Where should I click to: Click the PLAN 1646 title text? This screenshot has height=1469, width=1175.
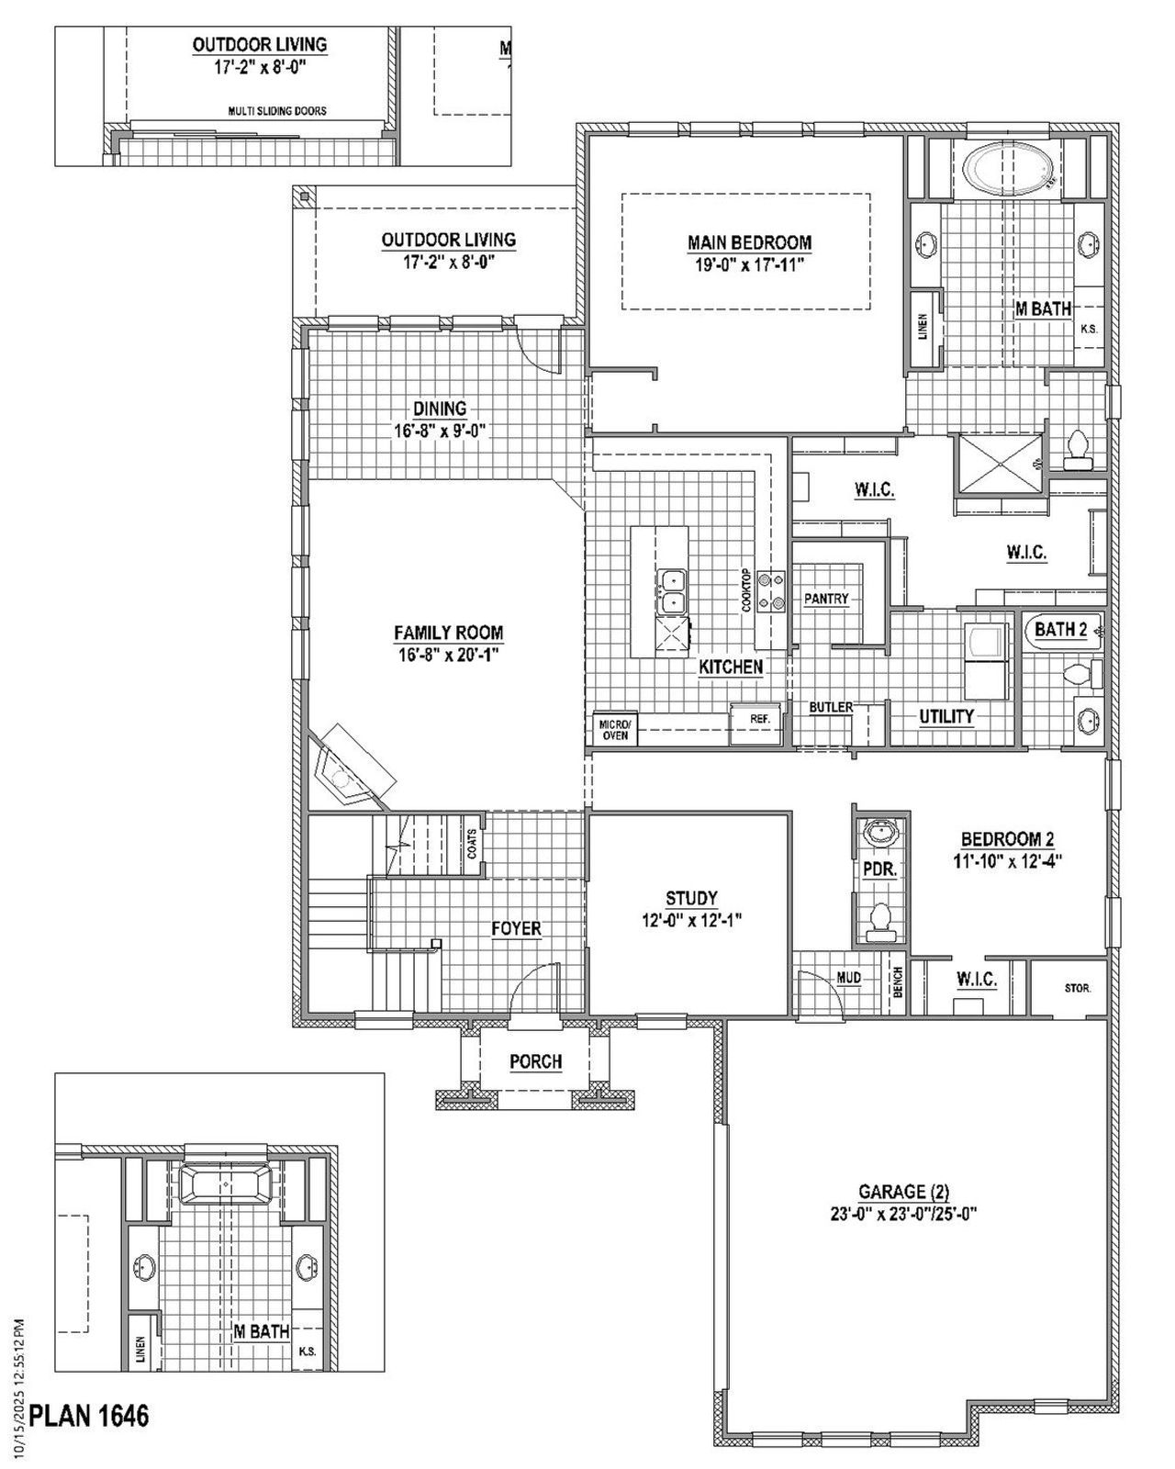(89, 1415)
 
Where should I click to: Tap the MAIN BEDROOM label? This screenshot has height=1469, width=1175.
(749, 242)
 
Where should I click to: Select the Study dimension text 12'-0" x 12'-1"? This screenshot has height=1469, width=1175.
(691, 920)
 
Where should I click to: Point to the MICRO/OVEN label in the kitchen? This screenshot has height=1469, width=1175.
(614, 729)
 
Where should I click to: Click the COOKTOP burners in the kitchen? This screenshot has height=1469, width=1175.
(770, 590)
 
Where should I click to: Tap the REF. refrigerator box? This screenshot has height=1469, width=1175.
(758, 719)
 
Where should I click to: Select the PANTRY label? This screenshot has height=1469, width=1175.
(825, 599)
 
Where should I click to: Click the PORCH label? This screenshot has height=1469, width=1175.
(536, 1061)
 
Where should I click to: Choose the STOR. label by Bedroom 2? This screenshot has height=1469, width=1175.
(1078, 989)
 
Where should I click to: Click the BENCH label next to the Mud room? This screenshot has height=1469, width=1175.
(898, 983)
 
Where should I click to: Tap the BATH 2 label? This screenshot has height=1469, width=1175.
(1060, 630)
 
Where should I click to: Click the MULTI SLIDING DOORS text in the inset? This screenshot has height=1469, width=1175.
(276, 111)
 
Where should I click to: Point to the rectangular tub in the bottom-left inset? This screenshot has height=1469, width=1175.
(224, 1183)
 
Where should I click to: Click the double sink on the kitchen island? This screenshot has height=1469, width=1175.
(673, 590)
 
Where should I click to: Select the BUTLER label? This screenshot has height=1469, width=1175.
(830, 707)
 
